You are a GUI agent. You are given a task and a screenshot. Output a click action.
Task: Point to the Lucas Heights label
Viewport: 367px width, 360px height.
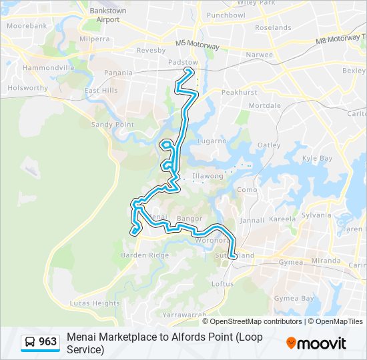pos(95,303)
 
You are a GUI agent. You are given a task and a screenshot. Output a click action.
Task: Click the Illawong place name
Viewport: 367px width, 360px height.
pos(206,177)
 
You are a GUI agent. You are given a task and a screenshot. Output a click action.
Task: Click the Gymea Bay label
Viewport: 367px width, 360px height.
pos(294,298)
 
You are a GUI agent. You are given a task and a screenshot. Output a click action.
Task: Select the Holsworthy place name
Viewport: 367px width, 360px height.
pos(27,87)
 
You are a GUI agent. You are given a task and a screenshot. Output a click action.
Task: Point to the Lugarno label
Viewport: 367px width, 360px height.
pos(212,141)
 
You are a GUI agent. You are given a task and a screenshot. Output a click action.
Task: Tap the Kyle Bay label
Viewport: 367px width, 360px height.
pos(317,158)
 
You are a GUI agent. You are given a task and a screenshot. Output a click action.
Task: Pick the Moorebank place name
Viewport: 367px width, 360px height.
pos(27,25)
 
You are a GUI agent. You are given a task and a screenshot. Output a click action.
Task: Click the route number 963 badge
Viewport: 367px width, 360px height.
pos(47,342)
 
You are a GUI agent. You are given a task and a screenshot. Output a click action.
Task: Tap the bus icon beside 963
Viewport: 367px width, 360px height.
pos(30,342)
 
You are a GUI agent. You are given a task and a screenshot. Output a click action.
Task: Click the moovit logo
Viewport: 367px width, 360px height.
pos(316,343)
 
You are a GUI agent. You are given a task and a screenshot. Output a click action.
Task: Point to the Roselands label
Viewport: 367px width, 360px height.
pos(273,27)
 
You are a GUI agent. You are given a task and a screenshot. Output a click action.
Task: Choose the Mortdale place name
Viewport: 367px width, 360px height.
pos(264,105)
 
